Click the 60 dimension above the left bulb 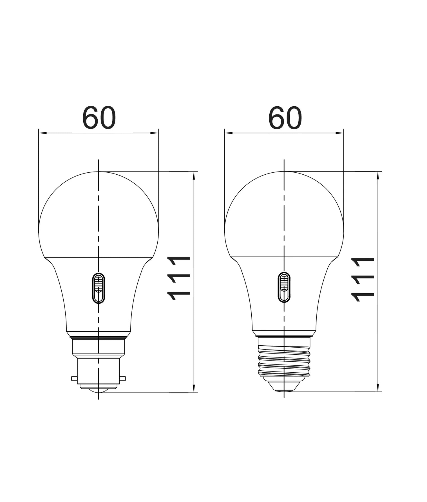pos(99,118)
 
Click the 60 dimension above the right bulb pos(285,118)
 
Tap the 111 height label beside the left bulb pos(179,278)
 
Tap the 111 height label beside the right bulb pos(363,279)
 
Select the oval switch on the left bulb pos(99,288)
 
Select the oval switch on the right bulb pos(284,287)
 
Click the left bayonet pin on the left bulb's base pos(74,379)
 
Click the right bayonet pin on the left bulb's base pos(122,379)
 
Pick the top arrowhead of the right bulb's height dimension pos(378,175)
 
